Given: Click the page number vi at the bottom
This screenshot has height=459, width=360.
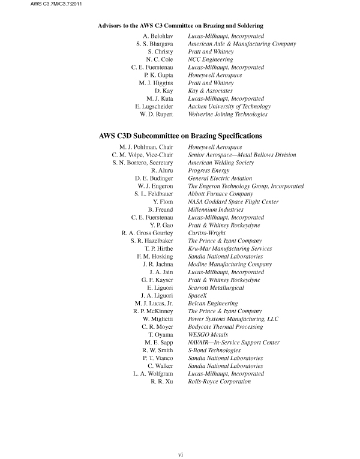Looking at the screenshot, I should (x=180, y=454).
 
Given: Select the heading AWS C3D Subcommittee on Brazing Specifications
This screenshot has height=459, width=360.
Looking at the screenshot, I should (x=180, y=136).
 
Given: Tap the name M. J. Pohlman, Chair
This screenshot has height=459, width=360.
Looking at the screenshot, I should (x=147, y=147).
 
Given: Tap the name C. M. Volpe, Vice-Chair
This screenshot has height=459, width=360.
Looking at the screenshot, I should (x=143, y=155).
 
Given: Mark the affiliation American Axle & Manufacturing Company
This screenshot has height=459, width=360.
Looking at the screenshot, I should (x=242, y=44).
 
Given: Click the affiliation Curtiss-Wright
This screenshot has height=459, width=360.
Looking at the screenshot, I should (x=206, y=233).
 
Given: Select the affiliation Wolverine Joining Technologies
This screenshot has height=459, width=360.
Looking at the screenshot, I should (x=228, y=114).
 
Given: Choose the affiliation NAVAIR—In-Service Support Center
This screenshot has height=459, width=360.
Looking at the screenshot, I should (x=234, y=342).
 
